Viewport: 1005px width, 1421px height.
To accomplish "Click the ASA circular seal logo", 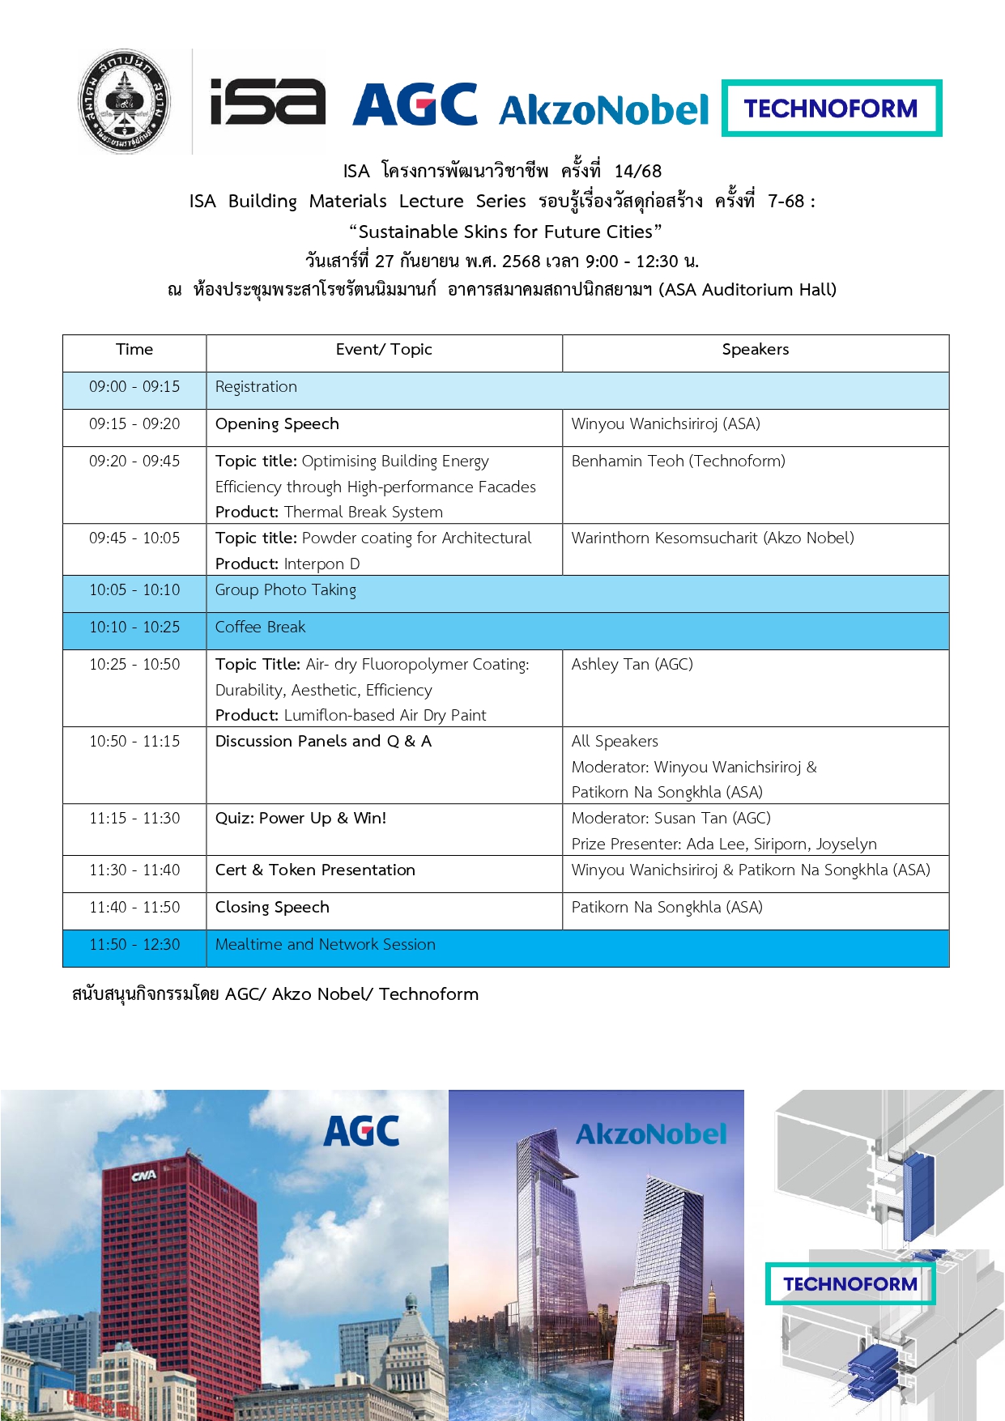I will click(x=124, y=101).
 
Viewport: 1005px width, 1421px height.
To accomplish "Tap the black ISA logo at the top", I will click(x=267, y=103).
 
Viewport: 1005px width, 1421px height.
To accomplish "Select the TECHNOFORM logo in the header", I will click(x=831, y=108).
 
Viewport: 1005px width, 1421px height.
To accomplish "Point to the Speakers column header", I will click(x=755, y=350).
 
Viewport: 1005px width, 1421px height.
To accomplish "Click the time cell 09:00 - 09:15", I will click(x=134, y=387).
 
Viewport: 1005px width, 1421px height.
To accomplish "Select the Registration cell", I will click(x=256, y=387).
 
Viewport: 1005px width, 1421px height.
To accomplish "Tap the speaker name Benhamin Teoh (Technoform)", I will click(x=678, y=462).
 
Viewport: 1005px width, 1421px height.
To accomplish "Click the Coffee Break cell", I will click(x=260, y=628).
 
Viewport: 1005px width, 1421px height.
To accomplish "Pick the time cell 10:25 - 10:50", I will click(x=134, y=665).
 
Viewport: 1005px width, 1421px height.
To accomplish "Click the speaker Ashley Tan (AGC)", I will click(x=632, y=665).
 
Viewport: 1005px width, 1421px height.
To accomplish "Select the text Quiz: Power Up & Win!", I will click(x=300, y=819).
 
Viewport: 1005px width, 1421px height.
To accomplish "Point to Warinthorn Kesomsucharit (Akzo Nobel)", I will click(x=712, y=538).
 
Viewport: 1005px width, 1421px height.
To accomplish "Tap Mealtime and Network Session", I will click(x=325, y=945).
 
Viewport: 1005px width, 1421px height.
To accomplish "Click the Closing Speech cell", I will click(x=272, y=908).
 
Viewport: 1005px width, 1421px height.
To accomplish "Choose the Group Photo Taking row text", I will click(x=285, y=590).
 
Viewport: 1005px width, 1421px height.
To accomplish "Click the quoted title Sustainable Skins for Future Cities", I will click(x=505, y=232).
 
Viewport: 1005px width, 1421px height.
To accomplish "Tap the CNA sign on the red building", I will click(x=144, y=1175).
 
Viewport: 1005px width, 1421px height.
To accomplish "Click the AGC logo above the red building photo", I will click(x=361, y=1131).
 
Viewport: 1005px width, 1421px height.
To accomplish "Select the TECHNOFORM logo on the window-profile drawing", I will click(x=850, y=1284).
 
